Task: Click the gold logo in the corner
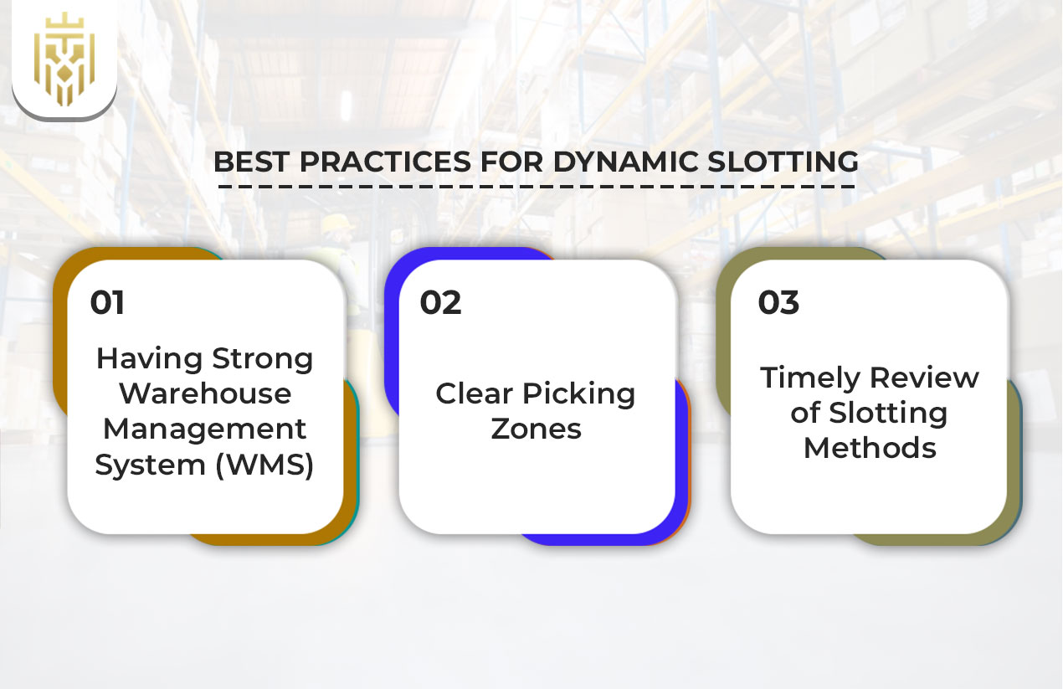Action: pyautogui.click(x=64, y=59)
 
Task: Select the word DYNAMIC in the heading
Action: pyautogui.click(x=627, y=162)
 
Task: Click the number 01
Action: pyautogui.click(x=107, y=302)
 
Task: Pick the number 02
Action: pyautogui.click(x=440, y=302)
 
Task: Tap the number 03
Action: pyautogui.click(x=778, y=302)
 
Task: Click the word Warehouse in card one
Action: pyautogui.click(x=205, y=393)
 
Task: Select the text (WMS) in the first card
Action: pyautogui.click(x=264, y=464)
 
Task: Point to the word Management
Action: pyautogui.click(x=205, y=429)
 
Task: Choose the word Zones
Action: pyautogui.click(x=536, y=429)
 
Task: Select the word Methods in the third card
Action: pyautogui.click(x=870, y=447)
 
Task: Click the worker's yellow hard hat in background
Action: pyautogui.click(x=338, y=224)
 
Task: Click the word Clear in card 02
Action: pyautogui.click(x=474, y=393)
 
